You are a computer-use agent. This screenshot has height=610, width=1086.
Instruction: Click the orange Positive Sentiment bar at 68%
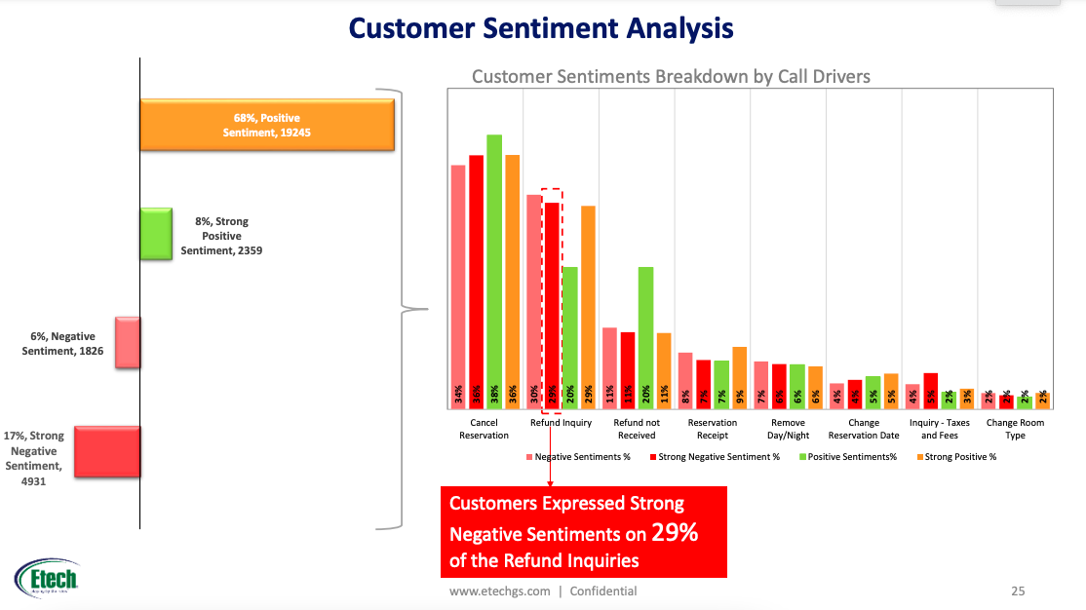[266, 125]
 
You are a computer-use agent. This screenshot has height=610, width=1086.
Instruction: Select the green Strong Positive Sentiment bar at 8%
[156, 234]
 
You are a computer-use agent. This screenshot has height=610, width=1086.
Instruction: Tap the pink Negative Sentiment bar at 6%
[128, 342]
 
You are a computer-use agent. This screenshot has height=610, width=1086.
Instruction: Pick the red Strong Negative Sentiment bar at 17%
[107, 451]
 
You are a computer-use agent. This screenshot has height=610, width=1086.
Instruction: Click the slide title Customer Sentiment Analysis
[541, 28]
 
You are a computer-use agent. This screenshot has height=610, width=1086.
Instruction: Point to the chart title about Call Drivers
[671, 76]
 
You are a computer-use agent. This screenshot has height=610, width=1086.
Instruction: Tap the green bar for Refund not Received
[645, 336]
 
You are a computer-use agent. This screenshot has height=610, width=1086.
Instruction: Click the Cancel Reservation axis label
[484, 429]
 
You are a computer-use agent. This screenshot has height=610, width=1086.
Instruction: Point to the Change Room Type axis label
[1015, 429]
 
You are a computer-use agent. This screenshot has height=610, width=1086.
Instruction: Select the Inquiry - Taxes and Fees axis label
[939, 429]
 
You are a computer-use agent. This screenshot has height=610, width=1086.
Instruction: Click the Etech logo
[47, 581]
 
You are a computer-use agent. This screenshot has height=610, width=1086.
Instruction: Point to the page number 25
[1018, 591]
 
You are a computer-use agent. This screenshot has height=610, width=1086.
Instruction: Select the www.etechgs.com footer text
[499, 591]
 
